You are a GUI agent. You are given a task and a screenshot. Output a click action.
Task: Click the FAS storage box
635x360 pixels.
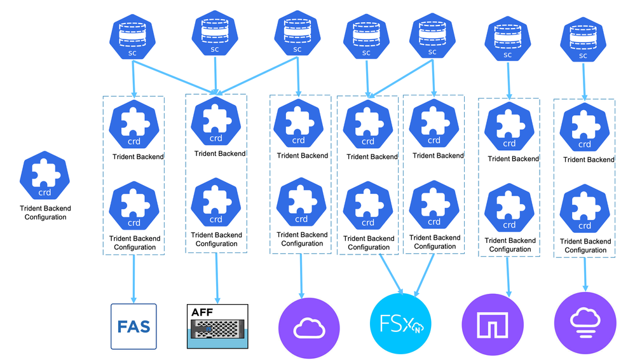[x=133, y=326]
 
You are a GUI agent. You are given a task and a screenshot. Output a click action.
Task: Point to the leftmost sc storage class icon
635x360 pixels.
[x=132, y=39]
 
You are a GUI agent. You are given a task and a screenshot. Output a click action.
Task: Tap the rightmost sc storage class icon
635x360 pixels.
[x=584, y=41]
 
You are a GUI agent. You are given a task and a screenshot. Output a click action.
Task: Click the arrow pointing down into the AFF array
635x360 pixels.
[x=217, y=278]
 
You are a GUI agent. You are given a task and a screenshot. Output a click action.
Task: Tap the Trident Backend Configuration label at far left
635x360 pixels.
[x=45, y=212]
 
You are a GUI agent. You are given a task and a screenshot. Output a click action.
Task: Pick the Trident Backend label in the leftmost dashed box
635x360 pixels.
[x=138, y=156]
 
